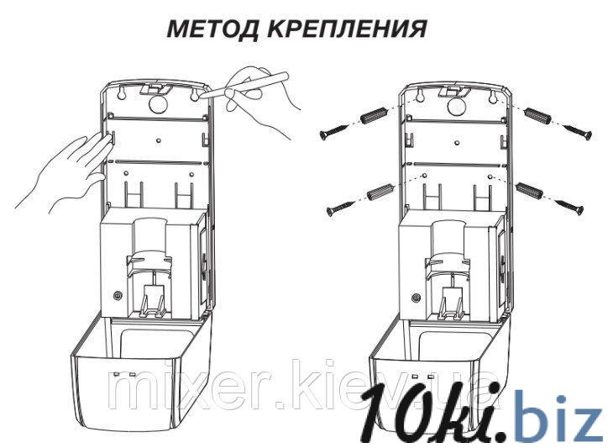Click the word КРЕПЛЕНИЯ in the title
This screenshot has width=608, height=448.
[x=351, y=29]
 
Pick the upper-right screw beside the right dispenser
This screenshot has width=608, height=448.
[x=575, y=130]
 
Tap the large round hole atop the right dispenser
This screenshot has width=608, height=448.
[x=456, y=105]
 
